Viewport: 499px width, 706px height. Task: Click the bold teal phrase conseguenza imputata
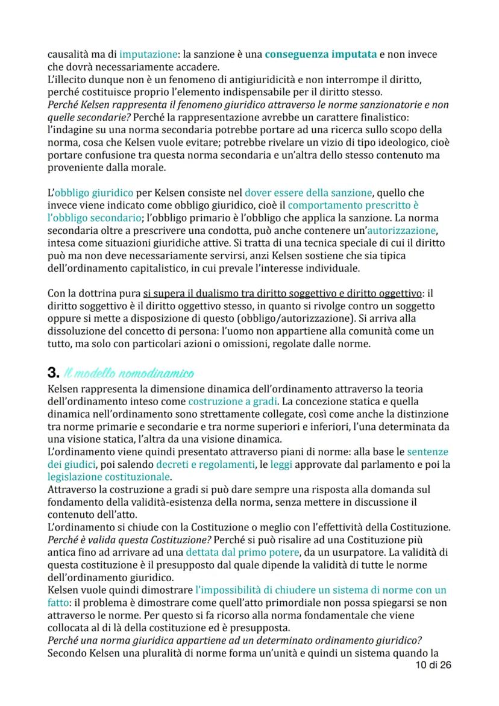click(x=320, y=54)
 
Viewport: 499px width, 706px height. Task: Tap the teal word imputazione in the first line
click(x=147, y=54)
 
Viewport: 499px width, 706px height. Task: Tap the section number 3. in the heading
click(x=54, y=367)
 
